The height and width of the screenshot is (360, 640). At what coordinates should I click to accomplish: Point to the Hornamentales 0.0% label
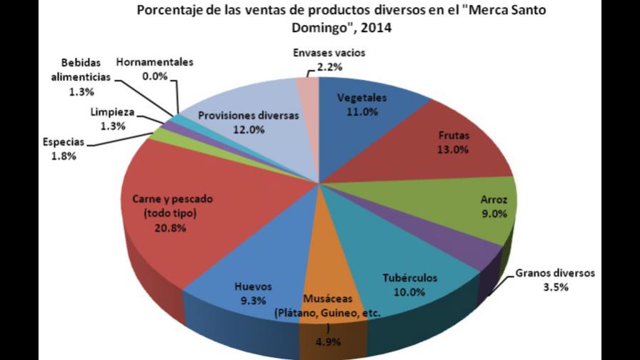154,67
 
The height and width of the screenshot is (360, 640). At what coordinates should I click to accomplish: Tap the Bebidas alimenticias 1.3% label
86,78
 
